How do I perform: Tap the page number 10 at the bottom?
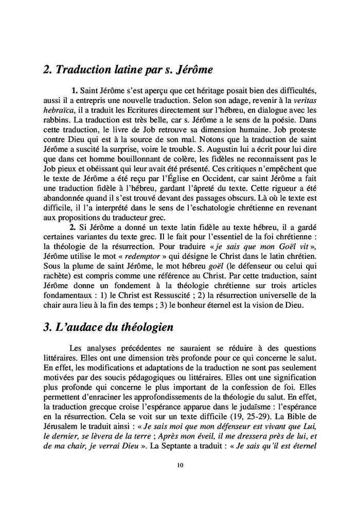(179, 466)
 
